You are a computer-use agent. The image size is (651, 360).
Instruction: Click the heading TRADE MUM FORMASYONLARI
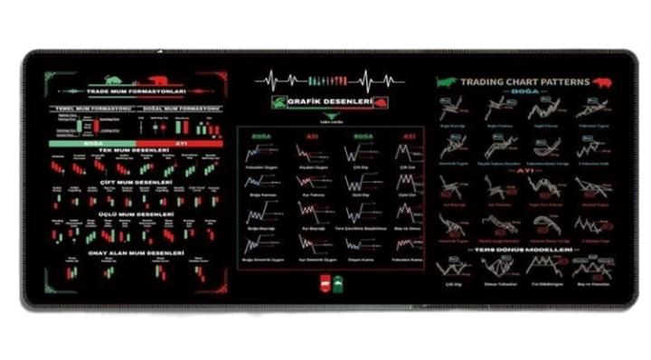coord(136,91)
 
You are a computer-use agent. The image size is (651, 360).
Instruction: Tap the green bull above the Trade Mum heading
coord(114,80)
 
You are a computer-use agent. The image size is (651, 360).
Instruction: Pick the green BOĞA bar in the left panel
coord(91,142)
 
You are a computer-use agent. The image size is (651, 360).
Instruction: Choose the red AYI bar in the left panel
coord(180,142)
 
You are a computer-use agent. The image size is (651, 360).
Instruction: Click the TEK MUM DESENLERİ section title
coord(136,150)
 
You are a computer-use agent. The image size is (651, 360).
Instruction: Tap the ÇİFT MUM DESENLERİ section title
coord(136,182)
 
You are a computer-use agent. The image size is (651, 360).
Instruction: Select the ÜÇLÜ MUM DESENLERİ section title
coord(136,214)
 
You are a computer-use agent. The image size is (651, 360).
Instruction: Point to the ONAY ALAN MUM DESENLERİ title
coord(136,252)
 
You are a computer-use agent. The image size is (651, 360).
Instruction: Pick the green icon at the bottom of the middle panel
coord(337,282)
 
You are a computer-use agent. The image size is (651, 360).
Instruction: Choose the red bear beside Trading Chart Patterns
coord(602,81)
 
